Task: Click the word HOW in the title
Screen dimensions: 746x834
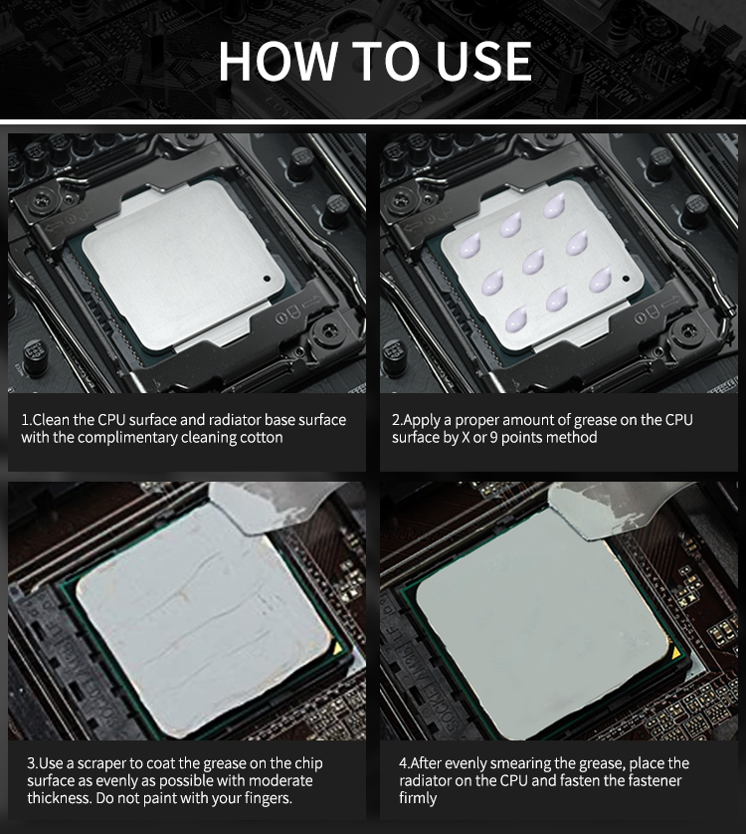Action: (x=279, y=60)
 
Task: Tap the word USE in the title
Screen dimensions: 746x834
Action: (x=483, y=60)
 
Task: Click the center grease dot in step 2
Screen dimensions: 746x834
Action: (x=533, y=262)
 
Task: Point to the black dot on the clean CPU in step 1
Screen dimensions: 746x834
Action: (x=267, y=279)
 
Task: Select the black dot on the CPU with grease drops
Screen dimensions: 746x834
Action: (x=626, y=279)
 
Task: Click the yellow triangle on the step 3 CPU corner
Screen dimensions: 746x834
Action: (x=337, y=647)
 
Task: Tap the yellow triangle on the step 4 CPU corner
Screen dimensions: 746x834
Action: (x=675, y=653)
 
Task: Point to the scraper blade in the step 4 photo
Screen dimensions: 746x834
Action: (x=606, y=511)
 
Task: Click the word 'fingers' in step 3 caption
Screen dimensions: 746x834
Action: (x=268, y=798)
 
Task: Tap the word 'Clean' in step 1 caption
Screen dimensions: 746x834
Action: (x=52, y=420)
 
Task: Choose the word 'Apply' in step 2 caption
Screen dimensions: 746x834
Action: (x=422, y=421)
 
